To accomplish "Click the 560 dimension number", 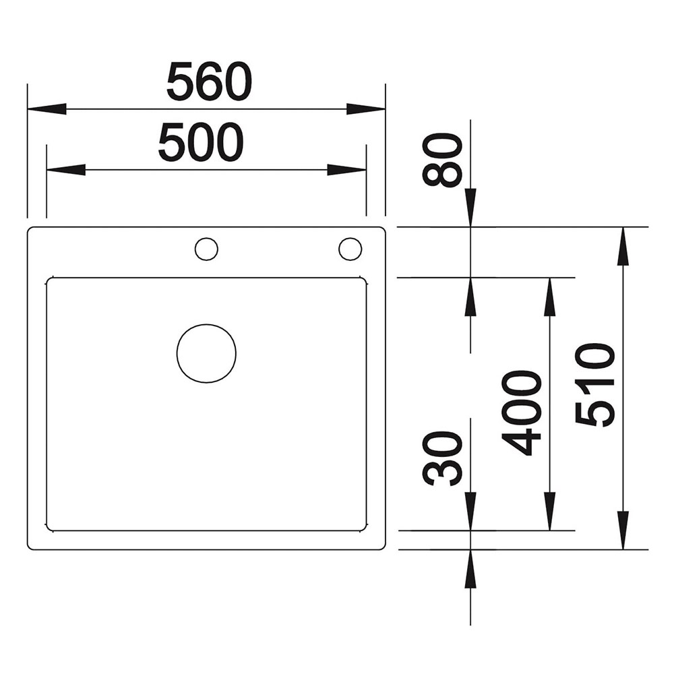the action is point(209,82).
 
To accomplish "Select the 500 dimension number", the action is point(201,142).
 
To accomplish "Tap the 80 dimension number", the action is point(442,160).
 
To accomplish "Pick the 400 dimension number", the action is point(522,412).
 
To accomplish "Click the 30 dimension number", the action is point(442,459).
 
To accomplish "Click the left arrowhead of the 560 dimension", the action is point(47,109).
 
